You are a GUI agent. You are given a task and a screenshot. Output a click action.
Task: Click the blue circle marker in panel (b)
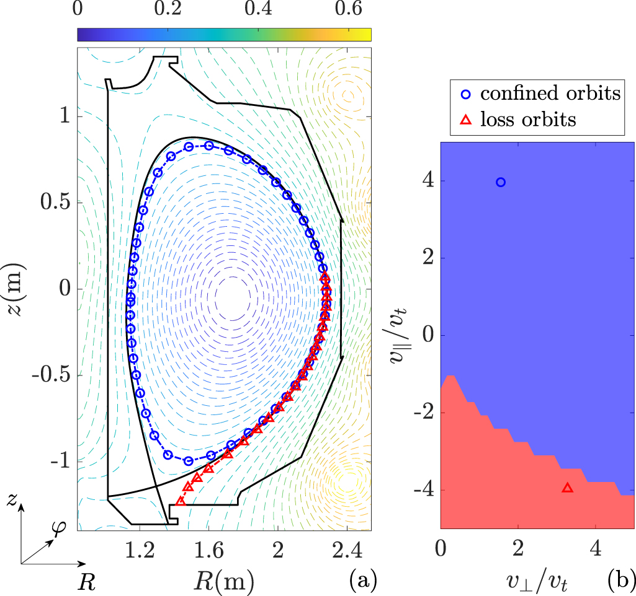(x=501, y=182)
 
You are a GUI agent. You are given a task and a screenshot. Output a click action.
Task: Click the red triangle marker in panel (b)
(x=567, y=488)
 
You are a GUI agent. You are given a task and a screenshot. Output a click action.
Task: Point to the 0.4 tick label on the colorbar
(x=259, y=10)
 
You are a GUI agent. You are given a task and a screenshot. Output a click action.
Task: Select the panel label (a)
(x=361, y=579)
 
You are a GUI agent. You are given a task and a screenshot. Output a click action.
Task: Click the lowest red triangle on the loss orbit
(x=181, y=501)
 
